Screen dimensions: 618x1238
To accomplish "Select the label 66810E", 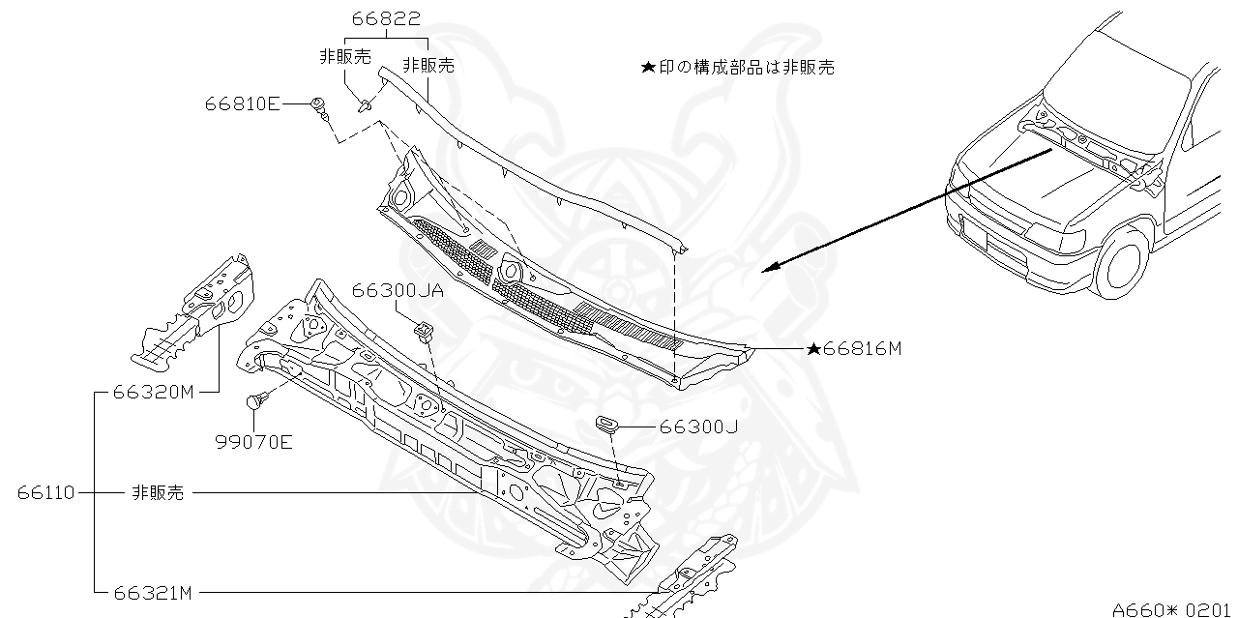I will click(x=242, y=103).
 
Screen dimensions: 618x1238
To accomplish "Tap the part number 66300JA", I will click(x=398, y=290).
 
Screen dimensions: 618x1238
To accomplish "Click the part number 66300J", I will click(x=699, y=426).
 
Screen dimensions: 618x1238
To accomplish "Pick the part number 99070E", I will click(x=254, y=443).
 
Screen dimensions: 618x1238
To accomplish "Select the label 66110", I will click(x=45, y=492).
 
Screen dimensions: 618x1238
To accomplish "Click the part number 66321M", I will click(x=154, y=591).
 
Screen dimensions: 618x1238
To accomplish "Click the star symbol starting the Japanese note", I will click(x=648, y=68).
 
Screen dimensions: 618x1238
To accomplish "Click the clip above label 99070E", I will click(x=257, y=400).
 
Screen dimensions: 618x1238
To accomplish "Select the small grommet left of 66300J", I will click(x=606, y=423).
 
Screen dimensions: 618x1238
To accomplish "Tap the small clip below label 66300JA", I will click(x=424, y=332).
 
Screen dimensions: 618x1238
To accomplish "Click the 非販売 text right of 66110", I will click(x=157, y=492).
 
